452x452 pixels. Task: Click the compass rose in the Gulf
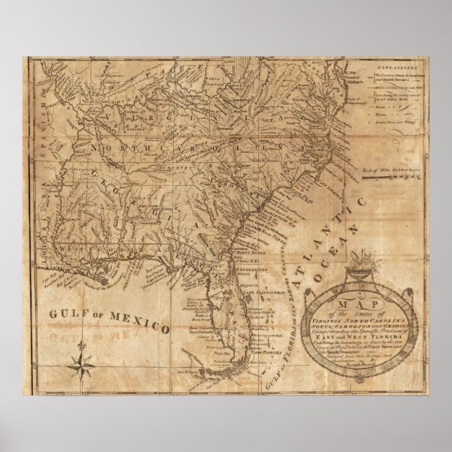pyautogui.click(x=84, y=356)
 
